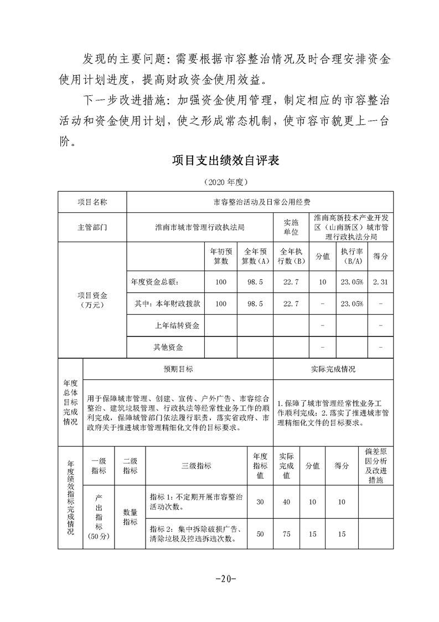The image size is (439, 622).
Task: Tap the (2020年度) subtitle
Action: click(225, 182)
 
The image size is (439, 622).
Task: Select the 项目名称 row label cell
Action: click(92, 202)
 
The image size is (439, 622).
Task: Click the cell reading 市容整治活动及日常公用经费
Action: click(260, 202)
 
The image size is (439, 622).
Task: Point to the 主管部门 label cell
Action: click(92, 227)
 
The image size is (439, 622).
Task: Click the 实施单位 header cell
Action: click(291, 227)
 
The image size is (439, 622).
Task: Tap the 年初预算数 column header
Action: click(221, 257)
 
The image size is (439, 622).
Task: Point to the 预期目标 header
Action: click(178, 369)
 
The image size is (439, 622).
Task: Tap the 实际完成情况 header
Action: click(333, 369)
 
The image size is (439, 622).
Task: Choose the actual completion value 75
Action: click(287, 533)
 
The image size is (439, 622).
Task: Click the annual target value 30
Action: click(260, 502)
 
